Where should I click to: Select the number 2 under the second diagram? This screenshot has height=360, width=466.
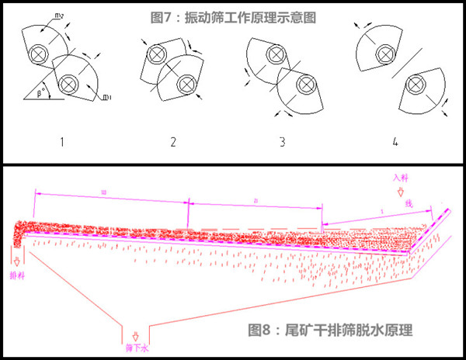(173, 142)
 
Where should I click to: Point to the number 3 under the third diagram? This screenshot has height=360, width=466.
(282, 142)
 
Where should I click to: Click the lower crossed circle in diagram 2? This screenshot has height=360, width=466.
(186, 84)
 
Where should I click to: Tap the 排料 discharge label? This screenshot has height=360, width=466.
(16, 274)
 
